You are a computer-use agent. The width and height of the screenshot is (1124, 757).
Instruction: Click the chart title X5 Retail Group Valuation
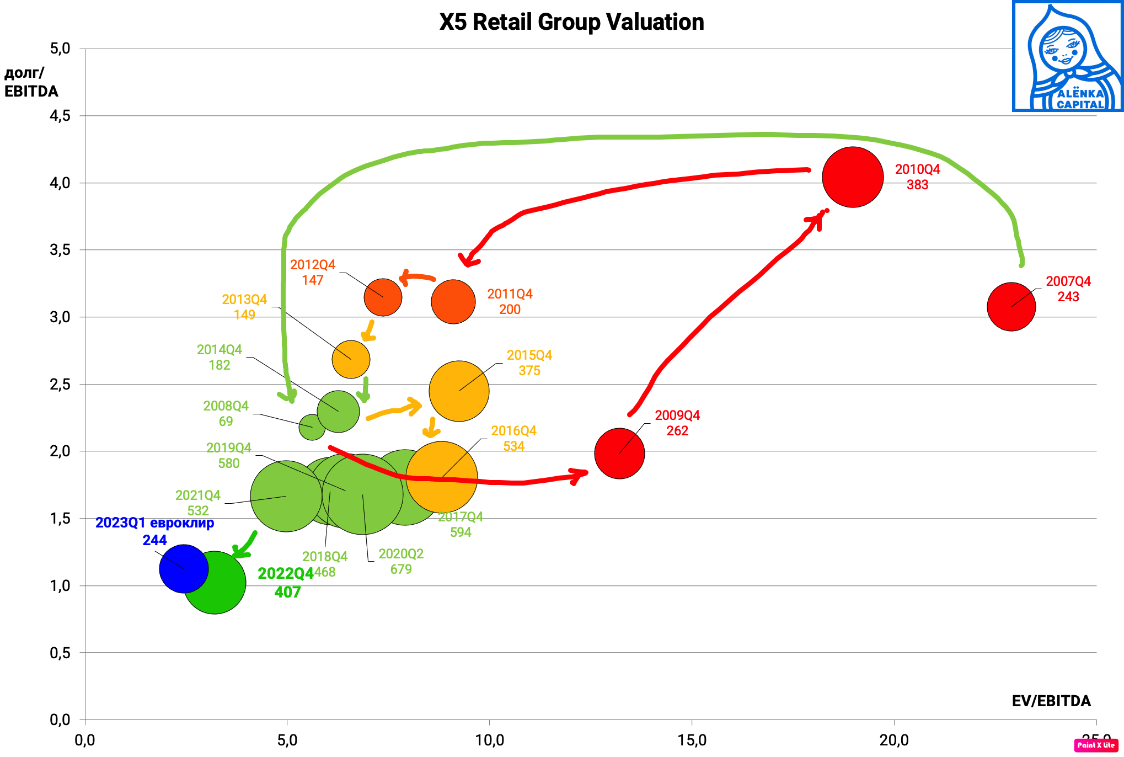coord(571,22)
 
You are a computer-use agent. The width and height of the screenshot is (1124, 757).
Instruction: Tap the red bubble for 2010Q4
coord(852,177)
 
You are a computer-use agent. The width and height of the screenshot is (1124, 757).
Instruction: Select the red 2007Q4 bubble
coord(1011,307)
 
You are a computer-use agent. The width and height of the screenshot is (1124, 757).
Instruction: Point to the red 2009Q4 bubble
coord(619,454)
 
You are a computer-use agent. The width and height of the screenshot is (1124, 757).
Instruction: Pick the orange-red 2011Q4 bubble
coord(453,302)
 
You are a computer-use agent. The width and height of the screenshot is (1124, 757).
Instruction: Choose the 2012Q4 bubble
coord(383,297)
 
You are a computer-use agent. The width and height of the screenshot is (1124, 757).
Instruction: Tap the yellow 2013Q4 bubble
coord(351,359)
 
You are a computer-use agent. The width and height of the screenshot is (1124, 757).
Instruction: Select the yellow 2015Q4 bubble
coord(459,391)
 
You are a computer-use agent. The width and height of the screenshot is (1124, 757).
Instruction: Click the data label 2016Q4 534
coord(513,438)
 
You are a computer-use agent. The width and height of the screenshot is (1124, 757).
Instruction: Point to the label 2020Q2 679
coord(401,561)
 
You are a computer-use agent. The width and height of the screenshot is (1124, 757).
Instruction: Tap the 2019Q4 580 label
coord(228,455)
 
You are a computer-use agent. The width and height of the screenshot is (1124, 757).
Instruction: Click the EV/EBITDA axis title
coord(1051,701)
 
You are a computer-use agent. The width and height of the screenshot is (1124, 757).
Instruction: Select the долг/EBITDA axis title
coord(31,82)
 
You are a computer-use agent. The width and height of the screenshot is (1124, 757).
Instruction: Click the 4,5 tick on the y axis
coord(60,116)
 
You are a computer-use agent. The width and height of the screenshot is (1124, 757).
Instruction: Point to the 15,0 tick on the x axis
coord(692,740)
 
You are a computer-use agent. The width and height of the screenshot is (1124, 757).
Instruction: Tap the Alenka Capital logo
coord(1068,56)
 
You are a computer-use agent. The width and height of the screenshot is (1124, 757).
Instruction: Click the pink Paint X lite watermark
coord(1096,745)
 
